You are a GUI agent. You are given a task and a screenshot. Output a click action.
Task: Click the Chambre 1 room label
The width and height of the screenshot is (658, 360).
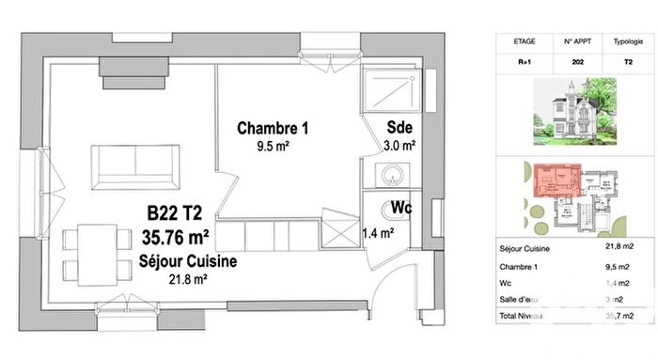[273, 128]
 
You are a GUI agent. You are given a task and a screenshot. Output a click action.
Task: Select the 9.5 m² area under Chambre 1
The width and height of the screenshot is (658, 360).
[273, 147]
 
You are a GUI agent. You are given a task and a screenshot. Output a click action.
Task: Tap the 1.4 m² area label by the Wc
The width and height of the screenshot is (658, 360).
[378, 232]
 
